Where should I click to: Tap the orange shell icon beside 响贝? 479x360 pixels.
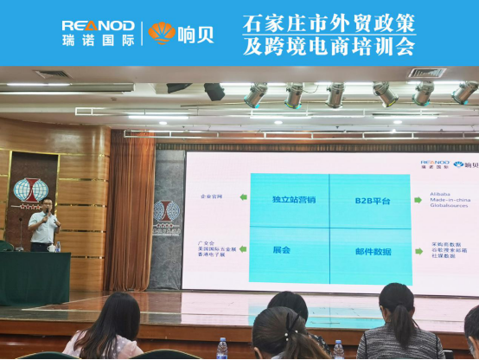point(161,33)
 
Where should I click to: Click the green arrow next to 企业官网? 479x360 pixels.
point(243,198)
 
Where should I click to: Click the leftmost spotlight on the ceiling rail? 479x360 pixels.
point(255,96)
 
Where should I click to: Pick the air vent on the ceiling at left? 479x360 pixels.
point(52,74)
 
